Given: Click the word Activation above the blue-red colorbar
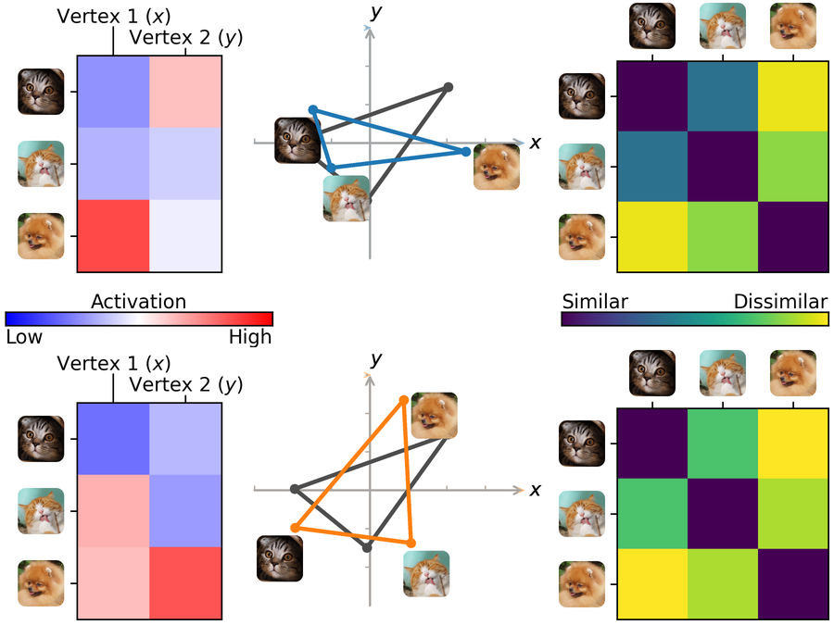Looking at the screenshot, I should click(x=138, y=302).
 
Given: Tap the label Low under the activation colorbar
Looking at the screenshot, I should click(x=24, y=337).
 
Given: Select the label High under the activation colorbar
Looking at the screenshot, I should click(x=250, y=337).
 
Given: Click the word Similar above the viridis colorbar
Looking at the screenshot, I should click(x=595, y=302).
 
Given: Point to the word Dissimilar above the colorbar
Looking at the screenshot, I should click(x=780, y=302).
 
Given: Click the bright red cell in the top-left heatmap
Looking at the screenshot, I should click(x=112, y=236).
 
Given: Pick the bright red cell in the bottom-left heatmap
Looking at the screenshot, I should click(x=184, y=583).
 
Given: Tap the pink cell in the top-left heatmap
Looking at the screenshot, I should click(x=184, y=93).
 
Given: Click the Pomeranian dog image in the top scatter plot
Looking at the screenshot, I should click(x=496, y=167).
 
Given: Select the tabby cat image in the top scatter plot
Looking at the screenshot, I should click(x=297, y=141).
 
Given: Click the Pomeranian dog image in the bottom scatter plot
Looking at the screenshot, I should click(x=435, y=415).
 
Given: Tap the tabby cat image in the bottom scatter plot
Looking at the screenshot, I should click(x=279, y=558).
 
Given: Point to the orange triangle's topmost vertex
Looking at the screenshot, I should click(x=403, y=400).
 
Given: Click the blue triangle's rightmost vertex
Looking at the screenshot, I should click(x=466, y=151).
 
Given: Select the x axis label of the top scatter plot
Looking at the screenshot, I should click(x=535, y=143).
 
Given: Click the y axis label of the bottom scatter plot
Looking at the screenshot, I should click(x=375, y=358).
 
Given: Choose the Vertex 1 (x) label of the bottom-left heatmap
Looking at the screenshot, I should click(x=113, y=363).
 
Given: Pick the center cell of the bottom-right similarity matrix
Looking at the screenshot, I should click(x=722, y=514).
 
